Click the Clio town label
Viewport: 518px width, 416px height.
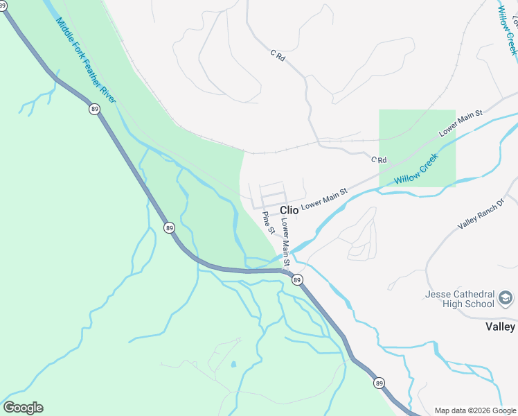tap(289, 210)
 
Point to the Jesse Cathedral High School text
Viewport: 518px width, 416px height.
tap(460, 299)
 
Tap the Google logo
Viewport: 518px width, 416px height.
tap(23, 408)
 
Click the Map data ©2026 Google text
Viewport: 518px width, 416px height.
tap(475, 410)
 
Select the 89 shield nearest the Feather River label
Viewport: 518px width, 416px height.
tap(94, 108)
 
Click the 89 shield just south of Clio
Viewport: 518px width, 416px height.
tap(297, 279)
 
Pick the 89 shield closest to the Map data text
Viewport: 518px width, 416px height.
tap(378, 383)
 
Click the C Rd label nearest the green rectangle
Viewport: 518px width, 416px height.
tap(378, 160)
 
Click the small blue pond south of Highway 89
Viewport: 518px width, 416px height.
tap(233, 364)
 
